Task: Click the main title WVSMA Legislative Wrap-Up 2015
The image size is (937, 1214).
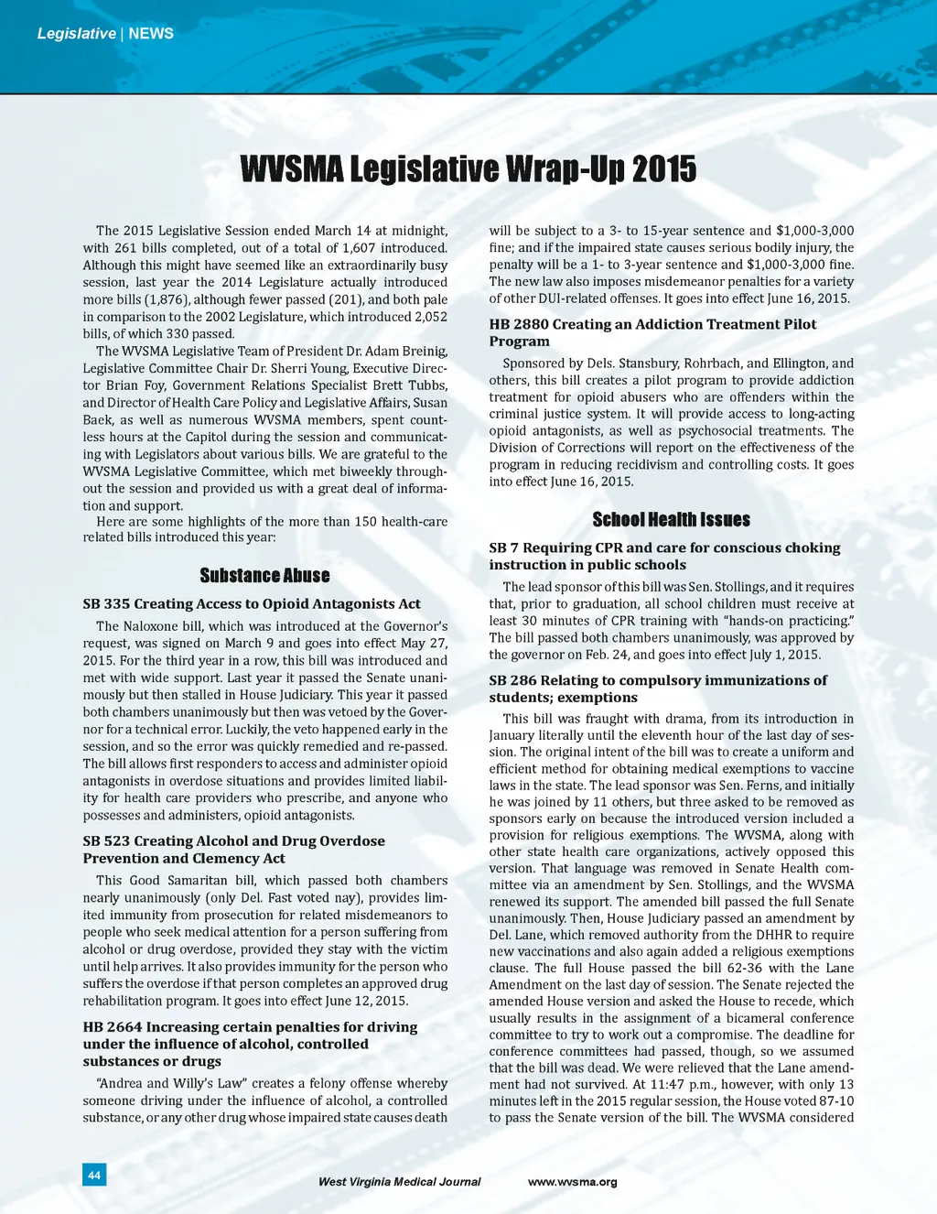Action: coord(468,169)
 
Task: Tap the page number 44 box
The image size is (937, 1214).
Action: coord(94,1175)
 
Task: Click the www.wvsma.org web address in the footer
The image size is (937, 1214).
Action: coord(572,1182)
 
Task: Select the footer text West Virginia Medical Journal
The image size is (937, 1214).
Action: coord(399,1182)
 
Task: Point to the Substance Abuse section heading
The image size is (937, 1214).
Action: coord(264,575)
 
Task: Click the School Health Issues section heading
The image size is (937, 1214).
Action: coord(671,520)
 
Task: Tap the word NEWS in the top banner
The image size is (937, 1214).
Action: coord(151,34)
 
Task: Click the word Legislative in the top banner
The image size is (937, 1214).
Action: coord(76,34)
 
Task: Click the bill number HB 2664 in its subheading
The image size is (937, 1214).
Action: coord(112,1027)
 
